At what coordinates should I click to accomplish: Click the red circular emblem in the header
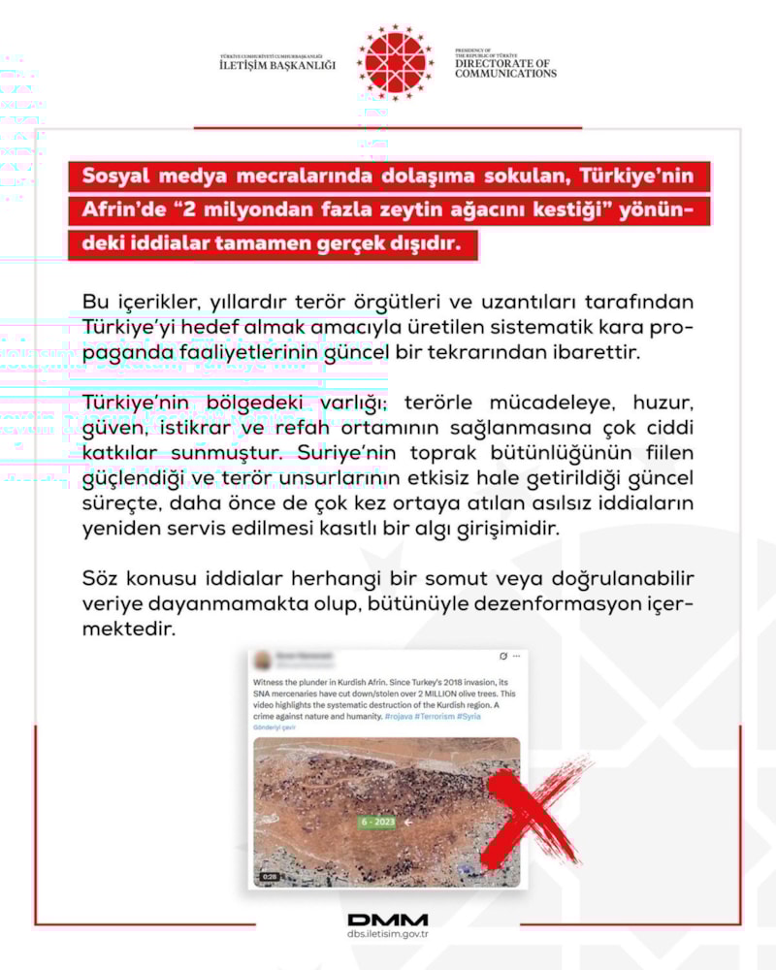[396, 60]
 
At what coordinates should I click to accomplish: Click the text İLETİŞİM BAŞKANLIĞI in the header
[276, 65]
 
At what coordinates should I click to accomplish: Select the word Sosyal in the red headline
[119, 178]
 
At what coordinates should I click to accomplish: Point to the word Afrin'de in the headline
[123, 210]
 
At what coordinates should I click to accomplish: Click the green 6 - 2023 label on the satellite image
[377, 823]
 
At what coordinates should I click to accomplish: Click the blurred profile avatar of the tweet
[263, 660]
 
